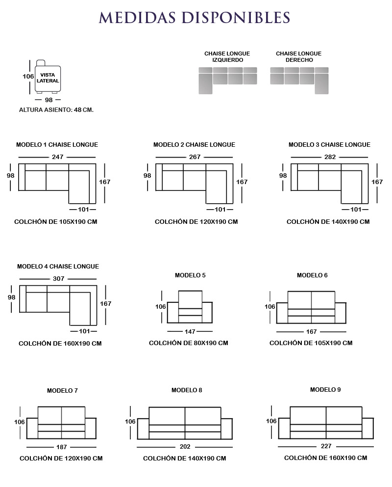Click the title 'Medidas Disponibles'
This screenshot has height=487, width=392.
pos(195,17)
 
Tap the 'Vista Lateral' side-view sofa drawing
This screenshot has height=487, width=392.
pos(48,77)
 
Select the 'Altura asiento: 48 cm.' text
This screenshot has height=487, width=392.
pos(56,109)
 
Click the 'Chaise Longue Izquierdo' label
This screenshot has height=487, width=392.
pos(227,56)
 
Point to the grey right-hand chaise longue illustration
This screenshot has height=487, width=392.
pos(299,81)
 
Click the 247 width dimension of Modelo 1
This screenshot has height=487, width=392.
pos(58,157)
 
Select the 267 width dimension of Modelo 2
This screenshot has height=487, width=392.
pos(195,157)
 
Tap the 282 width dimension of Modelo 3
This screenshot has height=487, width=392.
pos(330,157)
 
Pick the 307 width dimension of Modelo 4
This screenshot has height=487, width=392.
pos(59,278)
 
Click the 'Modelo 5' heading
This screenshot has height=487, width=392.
pos(190,275)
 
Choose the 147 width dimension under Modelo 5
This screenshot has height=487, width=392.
pos(190,332)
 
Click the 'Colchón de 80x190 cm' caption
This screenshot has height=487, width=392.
pos(189,343)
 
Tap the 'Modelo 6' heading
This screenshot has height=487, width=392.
pos(312,275)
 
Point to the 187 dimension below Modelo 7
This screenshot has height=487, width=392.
pos(61,447)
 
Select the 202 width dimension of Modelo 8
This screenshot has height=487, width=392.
pos(185,447)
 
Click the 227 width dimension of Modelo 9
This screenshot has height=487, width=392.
pos(326,446)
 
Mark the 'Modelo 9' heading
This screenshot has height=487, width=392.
pos(325,389)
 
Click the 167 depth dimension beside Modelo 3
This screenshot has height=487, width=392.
pos(377,182)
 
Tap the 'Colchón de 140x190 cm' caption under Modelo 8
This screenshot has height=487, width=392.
pos(184,458)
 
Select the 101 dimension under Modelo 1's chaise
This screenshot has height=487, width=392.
pos(83,209)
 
